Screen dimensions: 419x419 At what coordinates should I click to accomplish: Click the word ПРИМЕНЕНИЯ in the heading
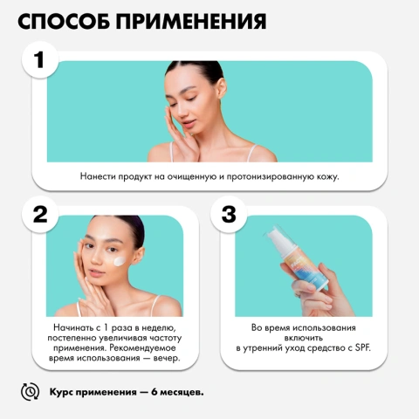pos(191,21)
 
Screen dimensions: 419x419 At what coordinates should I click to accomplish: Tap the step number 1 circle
pos(40,59)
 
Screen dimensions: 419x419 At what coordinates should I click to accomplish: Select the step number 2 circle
pos(40,215)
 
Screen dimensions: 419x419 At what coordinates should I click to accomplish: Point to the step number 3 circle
pos(229,215)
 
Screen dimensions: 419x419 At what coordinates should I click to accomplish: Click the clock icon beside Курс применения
pos(30,392)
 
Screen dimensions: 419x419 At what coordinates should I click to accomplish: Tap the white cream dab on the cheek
pos(120,261)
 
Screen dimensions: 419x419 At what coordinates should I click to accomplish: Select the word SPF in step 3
pos(362,347)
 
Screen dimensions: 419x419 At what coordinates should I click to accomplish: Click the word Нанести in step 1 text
pos(98,176)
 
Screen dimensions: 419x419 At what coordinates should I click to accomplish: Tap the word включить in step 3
pos(304,338)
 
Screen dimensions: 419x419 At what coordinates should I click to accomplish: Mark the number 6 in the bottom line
pos(155,392)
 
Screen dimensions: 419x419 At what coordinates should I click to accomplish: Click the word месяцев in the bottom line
pos(182,392)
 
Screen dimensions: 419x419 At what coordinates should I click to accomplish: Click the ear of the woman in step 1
pos(222,88)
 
